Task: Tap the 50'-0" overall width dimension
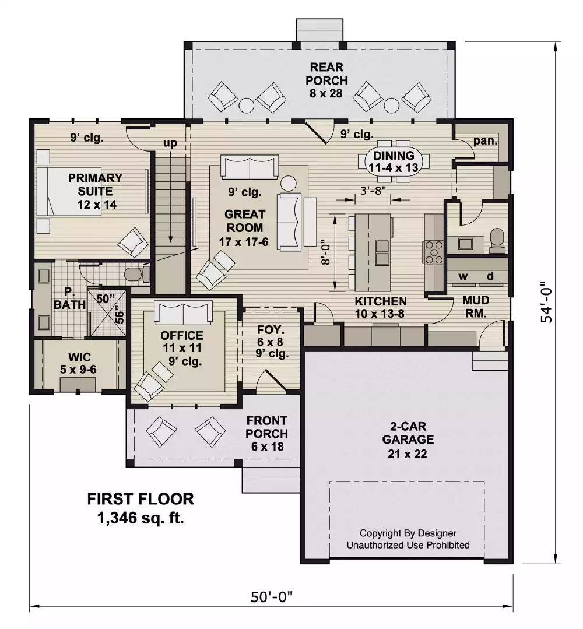point(271,597)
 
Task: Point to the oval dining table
point(394,157)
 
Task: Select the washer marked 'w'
point(464,276)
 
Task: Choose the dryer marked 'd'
point(490,276)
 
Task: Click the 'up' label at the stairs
point(170,143)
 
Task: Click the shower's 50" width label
point(106,298)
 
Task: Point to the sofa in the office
point(183,313)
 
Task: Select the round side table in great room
point(289,184)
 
